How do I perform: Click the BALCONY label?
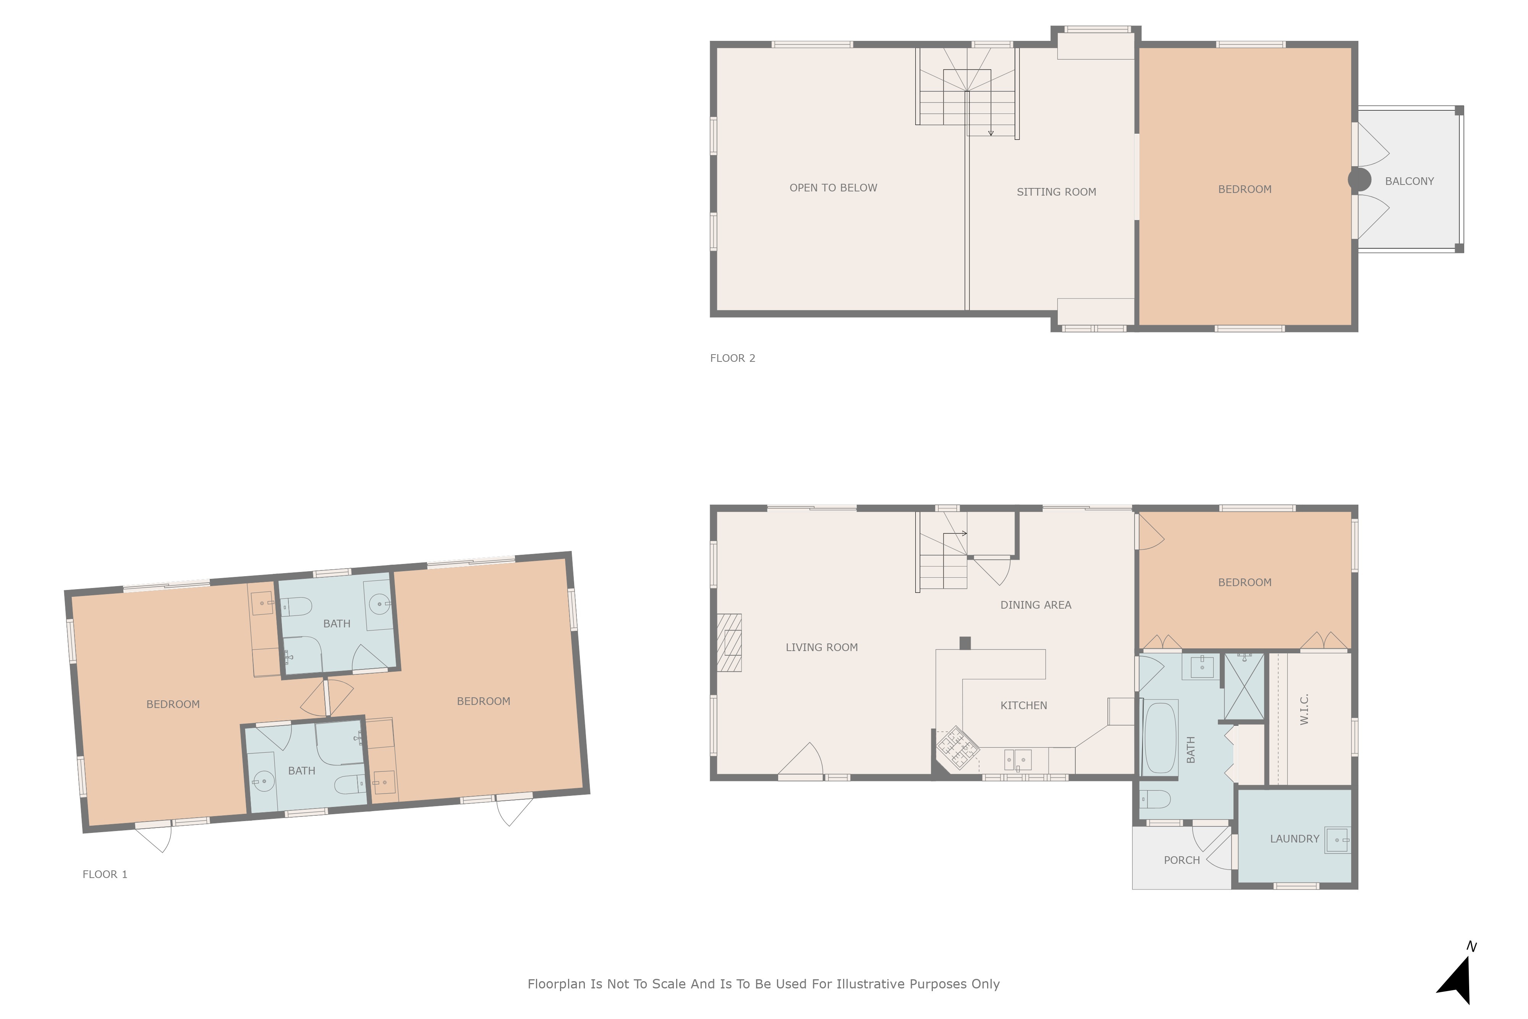pyautogui.click(x=1409, y=181)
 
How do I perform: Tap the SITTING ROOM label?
pyautogui.click(x=1056, y=192)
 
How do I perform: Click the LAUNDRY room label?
pyautogui.click(x=1294, y=839)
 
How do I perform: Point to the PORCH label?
pyautogui.click(x=1182, y=860)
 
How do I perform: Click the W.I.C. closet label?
pyautogui.click(x=1305, y=710)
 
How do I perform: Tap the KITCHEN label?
pyautogui.click(x=1023, y=706)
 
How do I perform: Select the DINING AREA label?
pyautogui.click(x=1036, y=605)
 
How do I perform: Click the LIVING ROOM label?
pyautogui.click(x=821, y=647)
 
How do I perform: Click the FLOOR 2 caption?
pyautogui.click(x=732, y=358)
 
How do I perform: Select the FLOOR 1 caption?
pyautogui.click(x=105, y=874)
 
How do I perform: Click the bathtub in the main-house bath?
pyautogui.click(x=1160, y=738)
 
